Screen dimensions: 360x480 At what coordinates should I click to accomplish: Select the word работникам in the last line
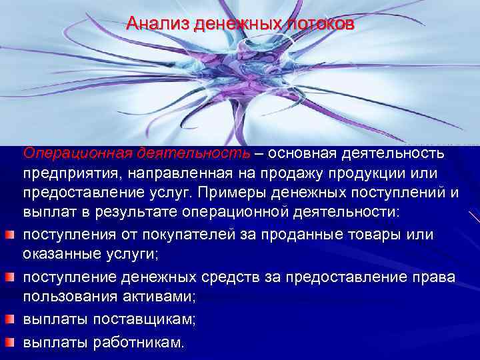point(140,343)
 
